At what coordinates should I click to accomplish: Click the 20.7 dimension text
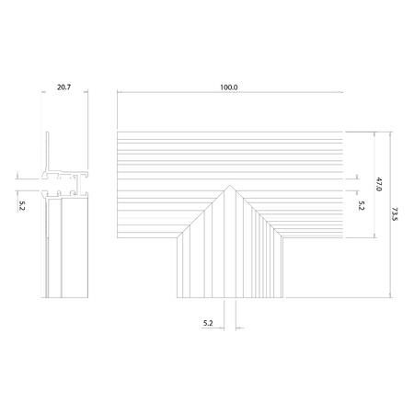[63, 86]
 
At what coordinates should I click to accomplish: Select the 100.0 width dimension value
[229, 86]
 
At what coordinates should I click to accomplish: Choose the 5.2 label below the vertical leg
[208, 324]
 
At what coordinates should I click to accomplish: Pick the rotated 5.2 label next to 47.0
[362, 206]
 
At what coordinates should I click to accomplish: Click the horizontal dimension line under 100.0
[229, 93]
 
